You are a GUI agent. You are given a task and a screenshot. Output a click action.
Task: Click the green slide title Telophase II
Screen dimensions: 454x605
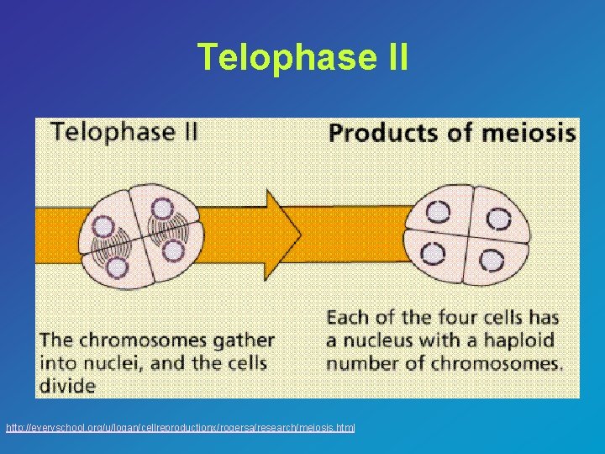[302, 57]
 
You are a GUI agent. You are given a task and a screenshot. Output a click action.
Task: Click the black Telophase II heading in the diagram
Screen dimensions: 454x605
[124, 131]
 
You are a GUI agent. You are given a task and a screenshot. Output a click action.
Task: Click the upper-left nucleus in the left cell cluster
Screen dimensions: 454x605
[103, 224]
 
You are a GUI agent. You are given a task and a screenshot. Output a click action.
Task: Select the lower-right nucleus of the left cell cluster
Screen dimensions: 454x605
[172, 250]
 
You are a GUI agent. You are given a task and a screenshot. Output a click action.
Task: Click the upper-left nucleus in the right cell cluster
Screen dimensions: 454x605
[437, 214]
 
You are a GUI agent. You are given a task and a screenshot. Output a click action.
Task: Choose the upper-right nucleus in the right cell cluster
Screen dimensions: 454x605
[499, 219]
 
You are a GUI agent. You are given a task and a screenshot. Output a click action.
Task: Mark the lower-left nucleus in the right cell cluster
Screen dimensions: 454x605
[434, 253]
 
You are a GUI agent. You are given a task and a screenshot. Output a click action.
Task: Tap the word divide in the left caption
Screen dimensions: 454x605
[67, 386]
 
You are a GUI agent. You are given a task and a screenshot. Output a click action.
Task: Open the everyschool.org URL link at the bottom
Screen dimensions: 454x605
[180, 428]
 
